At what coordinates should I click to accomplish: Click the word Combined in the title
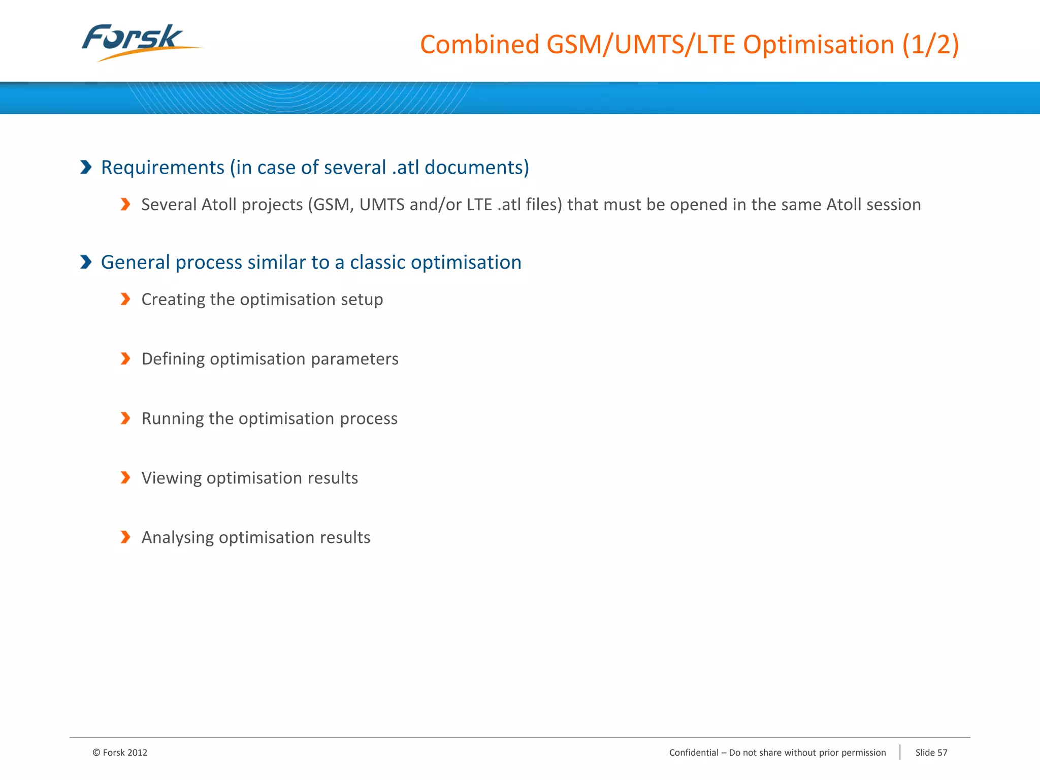(479, 45)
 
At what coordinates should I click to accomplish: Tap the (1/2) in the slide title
(930, 45)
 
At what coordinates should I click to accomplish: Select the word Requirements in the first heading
(162, 168)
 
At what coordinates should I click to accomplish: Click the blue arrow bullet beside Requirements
(86, 167)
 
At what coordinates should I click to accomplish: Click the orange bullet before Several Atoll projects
(125, 204)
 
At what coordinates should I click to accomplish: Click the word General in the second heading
(135, 263)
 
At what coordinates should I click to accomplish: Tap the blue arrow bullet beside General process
(86, 262)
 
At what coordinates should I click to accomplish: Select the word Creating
(173, 300)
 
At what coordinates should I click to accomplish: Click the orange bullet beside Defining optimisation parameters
(125, 359)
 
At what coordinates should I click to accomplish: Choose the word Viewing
(172, 478)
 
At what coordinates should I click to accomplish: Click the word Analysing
(177, 538)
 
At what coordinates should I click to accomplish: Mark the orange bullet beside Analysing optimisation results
(125, 537)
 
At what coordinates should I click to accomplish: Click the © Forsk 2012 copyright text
(120, 753)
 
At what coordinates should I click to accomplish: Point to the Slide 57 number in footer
(931, 753)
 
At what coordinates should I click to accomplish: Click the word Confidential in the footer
(694, 753)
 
